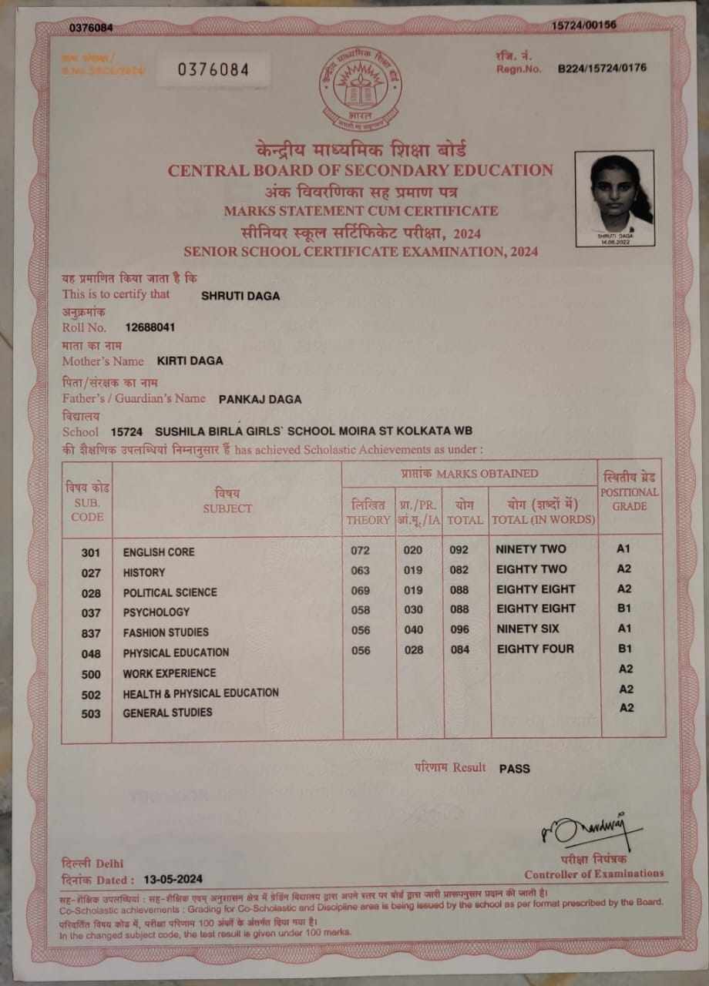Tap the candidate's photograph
pyautogui.click(x=614, y=197)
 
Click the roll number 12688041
pyautogui.click(x=150, y=327)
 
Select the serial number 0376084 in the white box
pyautogui.click(x=213, y=70)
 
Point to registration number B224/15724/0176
pyautogui.click(x=602, y=68)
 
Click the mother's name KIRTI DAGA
pyautogui.click(x=190, y=360)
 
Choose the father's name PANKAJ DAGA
pyautogui.click(x=260, y=399)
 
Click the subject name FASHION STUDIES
pyautogui.click(x=166, y=632)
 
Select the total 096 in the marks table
pyautogui.click(x=460, y=629)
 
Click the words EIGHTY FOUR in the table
pyautogui.click(x=536, y=649)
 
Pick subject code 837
pyautogui.click(x=91, y=633)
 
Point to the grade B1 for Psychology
pyautogui.click(x=624, y=609)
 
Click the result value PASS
pyautogui.click(x=514, y=768)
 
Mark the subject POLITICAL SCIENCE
pyautogui.click(x=170, y=592)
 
